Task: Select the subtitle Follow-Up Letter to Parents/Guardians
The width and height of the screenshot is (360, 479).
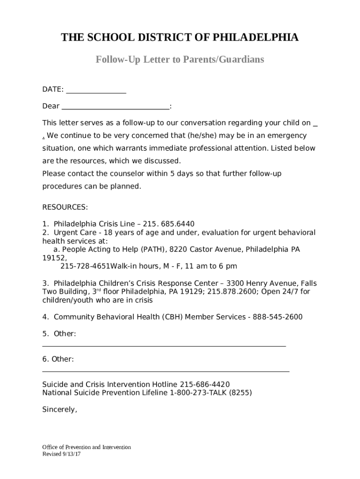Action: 180,59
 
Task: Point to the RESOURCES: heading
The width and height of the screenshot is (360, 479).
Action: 65,207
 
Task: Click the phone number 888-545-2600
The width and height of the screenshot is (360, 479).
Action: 278,317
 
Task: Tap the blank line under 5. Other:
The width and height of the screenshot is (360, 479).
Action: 164,346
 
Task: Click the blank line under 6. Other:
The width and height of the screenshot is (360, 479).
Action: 166,371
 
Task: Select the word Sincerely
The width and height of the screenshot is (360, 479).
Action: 59,409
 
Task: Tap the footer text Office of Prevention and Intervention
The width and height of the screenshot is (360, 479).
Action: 86,447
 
